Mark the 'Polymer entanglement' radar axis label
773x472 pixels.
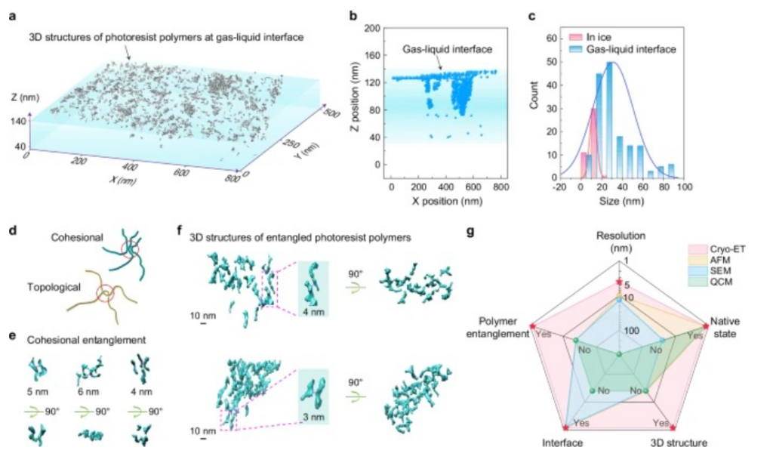tap(499, 326)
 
